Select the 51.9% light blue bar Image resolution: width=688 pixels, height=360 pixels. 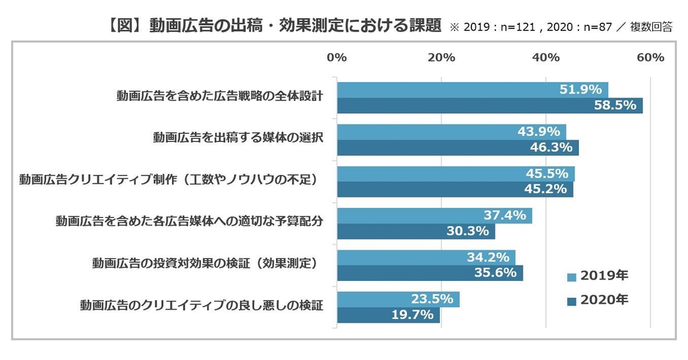(472, 89)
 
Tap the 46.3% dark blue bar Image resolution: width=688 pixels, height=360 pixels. (457, 148)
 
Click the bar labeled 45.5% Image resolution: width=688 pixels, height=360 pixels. (455, 174)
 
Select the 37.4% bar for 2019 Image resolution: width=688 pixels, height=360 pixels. (434, 216)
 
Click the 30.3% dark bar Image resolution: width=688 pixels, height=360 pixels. (416, 232)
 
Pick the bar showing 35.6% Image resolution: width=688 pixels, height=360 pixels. (430, 274)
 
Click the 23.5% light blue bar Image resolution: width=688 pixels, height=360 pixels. (398, 299)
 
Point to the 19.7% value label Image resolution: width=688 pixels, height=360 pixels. (412, 315)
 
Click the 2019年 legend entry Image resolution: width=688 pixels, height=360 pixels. (599, 276)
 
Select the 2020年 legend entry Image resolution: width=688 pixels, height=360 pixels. (599, 299)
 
